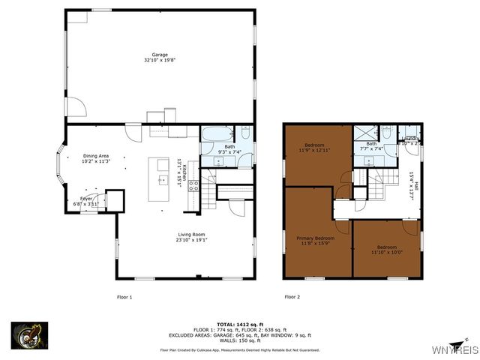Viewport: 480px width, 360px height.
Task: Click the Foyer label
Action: pos(86,199)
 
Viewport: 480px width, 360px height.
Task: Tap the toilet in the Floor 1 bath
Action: pos(247,134)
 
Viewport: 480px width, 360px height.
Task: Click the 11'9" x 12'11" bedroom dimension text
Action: pos(317,151)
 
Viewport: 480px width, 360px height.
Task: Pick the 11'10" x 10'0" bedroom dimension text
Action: pos(387,253)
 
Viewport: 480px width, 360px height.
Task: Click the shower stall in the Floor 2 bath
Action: pos(365,133)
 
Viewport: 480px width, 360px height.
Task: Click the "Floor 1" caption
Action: pos(124,297)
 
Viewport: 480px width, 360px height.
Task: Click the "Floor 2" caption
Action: pos(292,297)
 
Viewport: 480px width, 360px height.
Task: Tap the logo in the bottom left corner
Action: pos(29,334)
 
